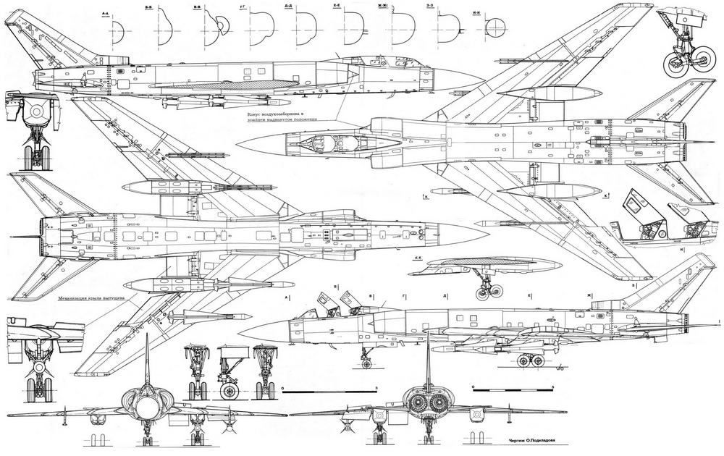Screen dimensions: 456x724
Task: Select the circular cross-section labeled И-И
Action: pos(493,29)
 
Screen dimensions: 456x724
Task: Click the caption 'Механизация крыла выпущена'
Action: pos(91,297)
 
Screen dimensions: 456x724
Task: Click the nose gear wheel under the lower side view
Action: pos(365,358)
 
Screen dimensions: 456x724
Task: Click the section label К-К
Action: pos(418,258)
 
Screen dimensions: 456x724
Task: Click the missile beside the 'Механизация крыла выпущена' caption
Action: pos(203,316)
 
